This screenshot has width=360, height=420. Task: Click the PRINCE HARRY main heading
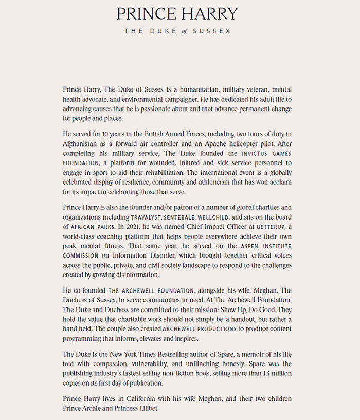click(177, 13)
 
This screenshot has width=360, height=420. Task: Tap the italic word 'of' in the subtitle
click(185, 31)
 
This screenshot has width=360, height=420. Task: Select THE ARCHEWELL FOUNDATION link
click(140, 291)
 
